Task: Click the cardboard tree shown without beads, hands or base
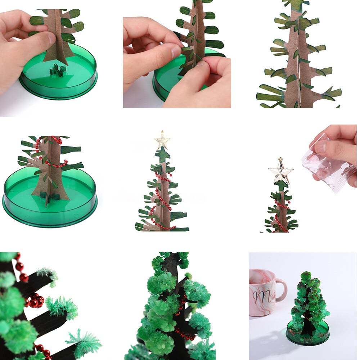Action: click(x=299, y=58)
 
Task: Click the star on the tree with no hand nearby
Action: click(x=162, y=140)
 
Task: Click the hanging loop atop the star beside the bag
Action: click(x=280, y=159)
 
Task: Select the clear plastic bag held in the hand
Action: click(x=326, y=164)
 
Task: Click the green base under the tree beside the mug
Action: click(x=308, y=337)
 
